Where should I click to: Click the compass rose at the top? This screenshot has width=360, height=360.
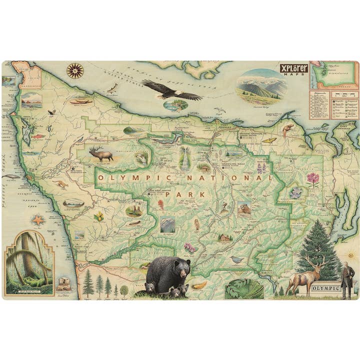(74, 70)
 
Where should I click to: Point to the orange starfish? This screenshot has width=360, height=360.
(37, 219)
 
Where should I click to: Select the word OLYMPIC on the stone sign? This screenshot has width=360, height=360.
(325, 288)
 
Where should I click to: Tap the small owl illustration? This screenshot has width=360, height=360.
(197, 224)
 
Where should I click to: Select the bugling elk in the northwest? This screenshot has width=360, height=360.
(101, 153)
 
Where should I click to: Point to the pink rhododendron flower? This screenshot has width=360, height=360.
(313, 178)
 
